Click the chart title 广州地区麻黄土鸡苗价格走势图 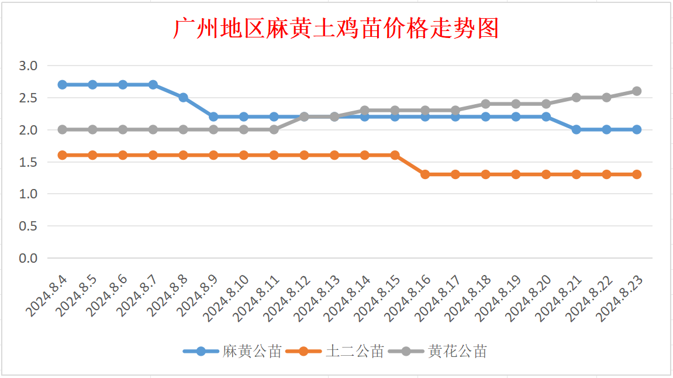tap(336, 29)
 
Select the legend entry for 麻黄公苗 tap(232, 351)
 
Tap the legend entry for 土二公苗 tap(335, 351)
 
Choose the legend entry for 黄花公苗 tap(437, 351)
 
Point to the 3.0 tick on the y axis tap(28, 66)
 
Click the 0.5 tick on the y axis tap(28, 226)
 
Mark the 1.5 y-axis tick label tap(28, 162)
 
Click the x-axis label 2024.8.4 tap(47, 296)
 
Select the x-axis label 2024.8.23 tap(619, 298)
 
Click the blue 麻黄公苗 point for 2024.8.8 tap(183, 98)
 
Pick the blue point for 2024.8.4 tap(62, 85)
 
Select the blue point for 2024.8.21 tap(577, 130)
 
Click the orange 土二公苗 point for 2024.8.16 tap(425, 174)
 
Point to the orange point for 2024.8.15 tap(395, 155)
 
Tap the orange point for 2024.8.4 tap(62, 155)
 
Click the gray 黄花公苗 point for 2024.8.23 tap(637, 91)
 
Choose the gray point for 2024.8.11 tap(274, 130)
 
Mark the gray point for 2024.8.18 tap(486, 104)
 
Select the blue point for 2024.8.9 tap(213, 117)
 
